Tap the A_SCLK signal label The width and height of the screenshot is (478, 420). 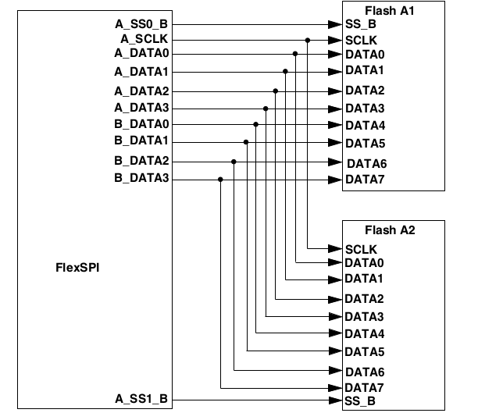coord(145,39)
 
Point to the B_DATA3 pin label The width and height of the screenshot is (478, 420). coord(141,180)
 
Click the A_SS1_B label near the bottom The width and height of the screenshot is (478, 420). coord(141,400)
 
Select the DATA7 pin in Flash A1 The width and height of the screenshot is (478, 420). coord(365,180)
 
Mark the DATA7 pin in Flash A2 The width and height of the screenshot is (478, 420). coord(364,388)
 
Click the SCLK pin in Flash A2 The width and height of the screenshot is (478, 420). coord(362,248)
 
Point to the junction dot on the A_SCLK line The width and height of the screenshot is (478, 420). coord(309,40)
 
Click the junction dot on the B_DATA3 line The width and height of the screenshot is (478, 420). coord(221,180)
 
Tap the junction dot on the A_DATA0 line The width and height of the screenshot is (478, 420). coord(296,54)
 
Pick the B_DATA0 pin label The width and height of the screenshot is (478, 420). coord(141,124)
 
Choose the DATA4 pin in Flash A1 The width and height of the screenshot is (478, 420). coord(365,125)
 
